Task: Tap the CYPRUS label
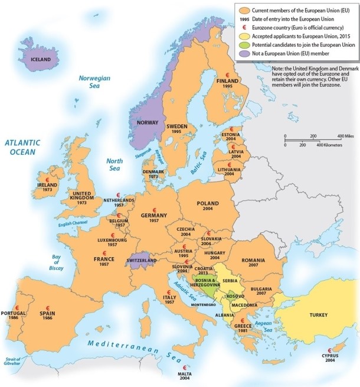tap(330, 356)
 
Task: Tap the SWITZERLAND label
tap(141, 261)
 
